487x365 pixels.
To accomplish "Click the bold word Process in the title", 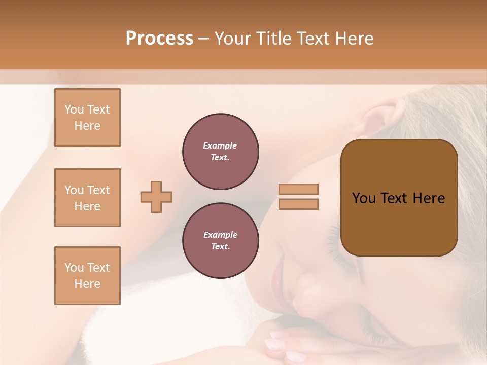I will click(x=159, y=39).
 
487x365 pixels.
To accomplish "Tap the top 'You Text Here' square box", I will click(x=87, y=118).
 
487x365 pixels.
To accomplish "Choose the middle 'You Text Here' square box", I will click(x=87, y=198).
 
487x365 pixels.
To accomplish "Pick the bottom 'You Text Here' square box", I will click(x=87, y=276).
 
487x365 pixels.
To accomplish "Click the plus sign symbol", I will click(x=156, y=197).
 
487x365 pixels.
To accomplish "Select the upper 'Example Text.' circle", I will click(x=220, y=152).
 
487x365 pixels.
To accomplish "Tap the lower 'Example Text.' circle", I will click(x=220, y=241).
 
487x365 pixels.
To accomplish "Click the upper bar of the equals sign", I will click(x=298, y=189).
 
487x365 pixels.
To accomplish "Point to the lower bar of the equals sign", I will click(x=298, y=204).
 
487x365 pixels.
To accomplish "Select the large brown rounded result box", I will click(x=399, y=198).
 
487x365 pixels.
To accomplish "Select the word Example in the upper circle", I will click(x=220, y=145).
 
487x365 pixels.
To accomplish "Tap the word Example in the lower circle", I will click(x=220, y=235).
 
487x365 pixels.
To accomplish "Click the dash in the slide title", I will click(x=204, y=39).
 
